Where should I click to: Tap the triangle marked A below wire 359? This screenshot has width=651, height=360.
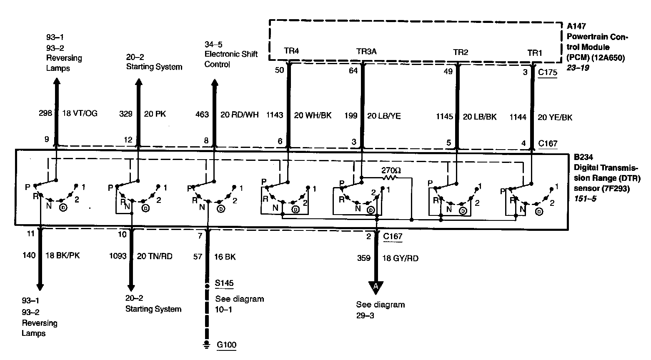[376, 287]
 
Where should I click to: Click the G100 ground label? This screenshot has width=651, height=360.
[226, 345]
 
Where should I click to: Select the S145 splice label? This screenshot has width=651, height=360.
[224, 284]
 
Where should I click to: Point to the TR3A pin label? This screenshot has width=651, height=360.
[366, 52]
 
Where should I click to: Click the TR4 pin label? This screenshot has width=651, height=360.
[291, 51]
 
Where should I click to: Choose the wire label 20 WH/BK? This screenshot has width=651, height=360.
[313, 115]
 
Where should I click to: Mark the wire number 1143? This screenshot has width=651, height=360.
[274, 115]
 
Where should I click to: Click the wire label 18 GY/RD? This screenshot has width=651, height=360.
[400, 258]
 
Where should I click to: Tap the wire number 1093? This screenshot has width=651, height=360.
[118, 256]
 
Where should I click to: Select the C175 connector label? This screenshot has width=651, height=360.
[547, 72]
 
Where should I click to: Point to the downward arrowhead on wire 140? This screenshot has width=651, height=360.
[40, 286]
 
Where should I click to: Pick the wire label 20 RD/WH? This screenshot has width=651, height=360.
[239, 114]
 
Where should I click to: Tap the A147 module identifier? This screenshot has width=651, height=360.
[576, 26]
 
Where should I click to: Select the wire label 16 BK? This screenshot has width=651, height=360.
[225, 257]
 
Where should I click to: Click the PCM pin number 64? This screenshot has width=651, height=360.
[353, 71]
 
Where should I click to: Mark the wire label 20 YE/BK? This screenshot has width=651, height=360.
[555, 117]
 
